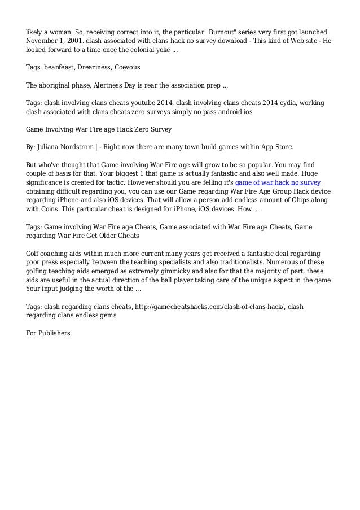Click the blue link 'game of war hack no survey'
278,184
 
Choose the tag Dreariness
100,67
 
